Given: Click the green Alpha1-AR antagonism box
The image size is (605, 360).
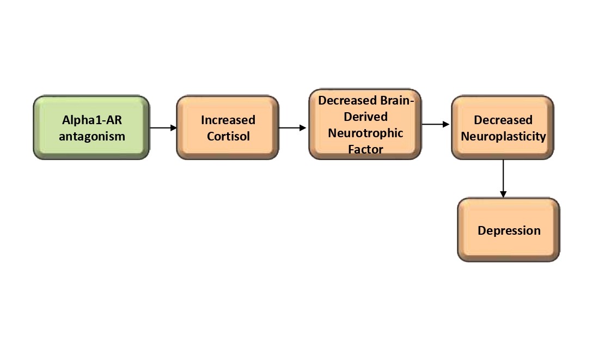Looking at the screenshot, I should [91, 127].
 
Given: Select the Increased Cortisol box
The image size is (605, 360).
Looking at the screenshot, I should [228, 127].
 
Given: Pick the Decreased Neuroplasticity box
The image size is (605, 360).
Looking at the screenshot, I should [503, 127].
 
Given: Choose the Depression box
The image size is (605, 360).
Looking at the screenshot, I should [509, 230].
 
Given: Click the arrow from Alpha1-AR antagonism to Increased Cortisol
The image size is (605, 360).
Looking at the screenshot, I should [163, 128].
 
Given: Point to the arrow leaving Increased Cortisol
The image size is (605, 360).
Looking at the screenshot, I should [293, 128].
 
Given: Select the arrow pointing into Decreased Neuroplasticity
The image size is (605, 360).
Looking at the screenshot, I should [436, 125].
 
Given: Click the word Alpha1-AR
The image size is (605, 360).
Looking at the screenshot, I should [92, 120].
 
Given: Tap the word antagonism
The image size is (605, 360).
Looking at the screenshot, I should [92, 136].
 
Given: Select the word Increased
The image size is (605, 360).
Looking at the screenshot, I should [228, 120].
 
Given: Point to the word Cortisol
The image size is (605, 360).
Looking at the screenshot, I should [228, 136].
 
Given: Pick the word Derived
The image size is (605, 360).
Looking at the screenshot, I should [365, 117].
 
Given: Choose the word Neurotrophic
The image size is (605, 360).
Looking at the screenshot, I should [365, 132].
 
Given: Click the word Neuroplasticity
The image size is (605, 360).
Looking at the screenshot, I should [503, 136].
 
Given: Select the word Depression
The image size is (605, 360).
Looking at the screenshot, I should [509, 230].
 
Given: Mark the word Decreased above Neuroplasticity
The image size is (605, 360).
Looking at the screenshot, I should [503, 120].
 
